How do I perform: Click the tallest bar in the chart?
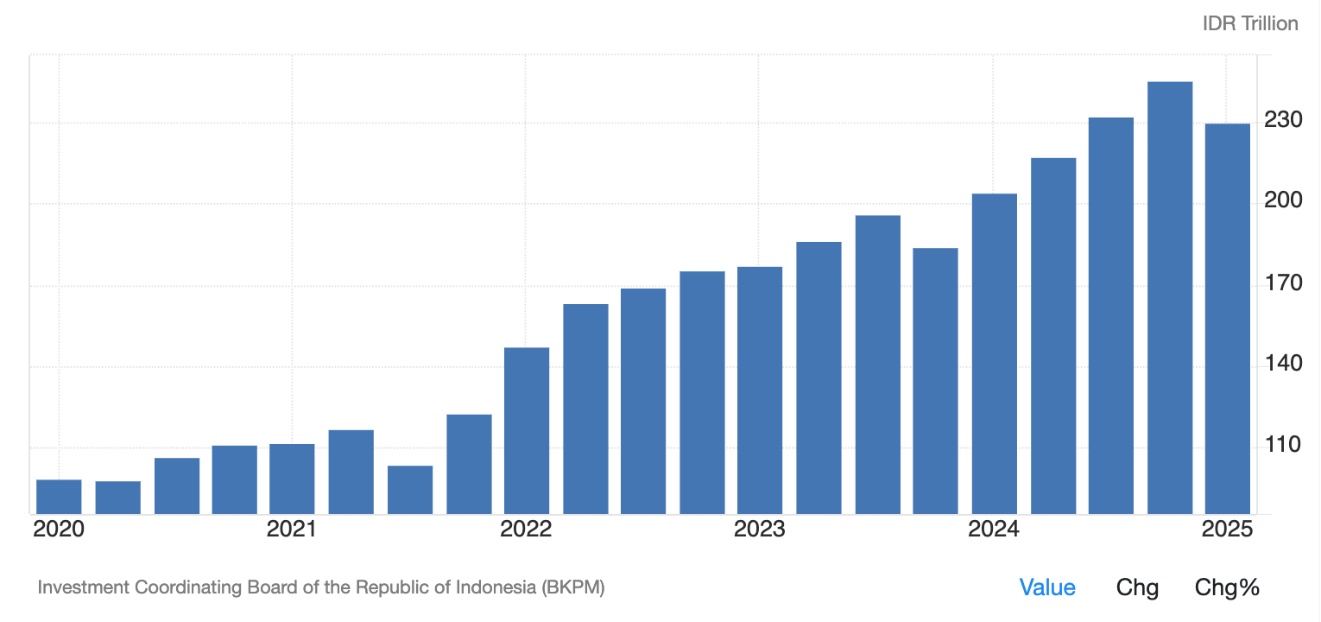(1169, 298)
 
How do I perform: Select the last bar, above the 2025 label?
(1227, 319)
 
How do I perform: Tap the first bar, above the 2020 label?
(59, 497)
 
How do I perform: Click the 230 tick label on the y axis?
(1282, 119)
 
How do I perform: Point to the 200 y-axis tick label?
(1282, 200)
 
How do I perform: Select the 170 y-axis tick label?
(1282, 282)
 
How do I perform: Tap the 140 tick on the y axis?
(1282, 364)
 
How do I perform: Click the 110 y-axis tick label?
(1282, 445)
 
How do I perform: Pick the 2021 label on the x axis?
(292, 530)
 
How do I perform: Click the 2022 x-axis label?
(526, 530)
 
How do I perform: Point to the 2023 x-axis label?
(760, 530)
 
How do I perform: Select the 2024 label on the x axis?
(994, 530)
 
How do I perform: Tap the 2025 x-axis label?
(1227, 530)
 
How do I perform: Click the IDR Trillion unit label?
(1250, 23)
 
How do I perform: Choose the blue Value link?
(1047, 588)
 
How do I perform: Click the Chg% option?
(1227, 588)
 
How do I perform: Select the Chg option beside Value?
(1137, 588)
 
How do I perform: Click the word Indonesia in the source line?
(493, 588)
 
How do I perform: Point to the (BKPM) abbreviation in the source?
(573, 588)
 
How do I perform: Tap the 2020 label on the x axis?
(59, 530)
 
